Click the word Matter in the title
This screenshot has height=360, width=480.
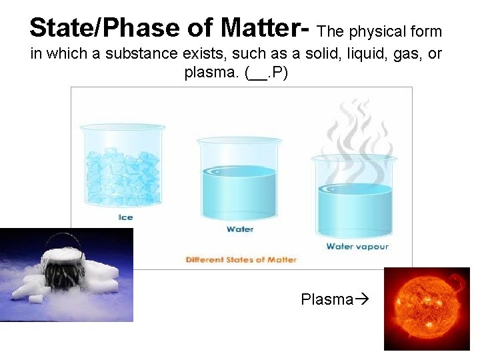(x=259, y=28)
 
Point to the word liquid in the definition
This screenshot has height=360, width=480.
(x=349, y=54)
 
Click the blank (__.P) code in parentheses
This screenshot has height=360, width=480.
(x=267, y=74)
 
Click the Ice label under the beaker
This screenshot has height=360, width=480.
(x=125, y=217)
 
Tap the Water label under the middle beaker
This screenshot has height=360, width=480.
(x=240, y=229)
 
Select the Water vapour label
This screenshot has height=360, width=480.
(x=357, y=247)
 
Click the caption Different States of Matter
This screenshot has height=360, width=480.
(x=241, y=259)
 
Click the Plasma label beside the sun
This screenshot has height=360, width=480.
(x=327, y=299)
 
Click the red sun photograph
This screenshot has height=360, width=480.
(x=427, y=308)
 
